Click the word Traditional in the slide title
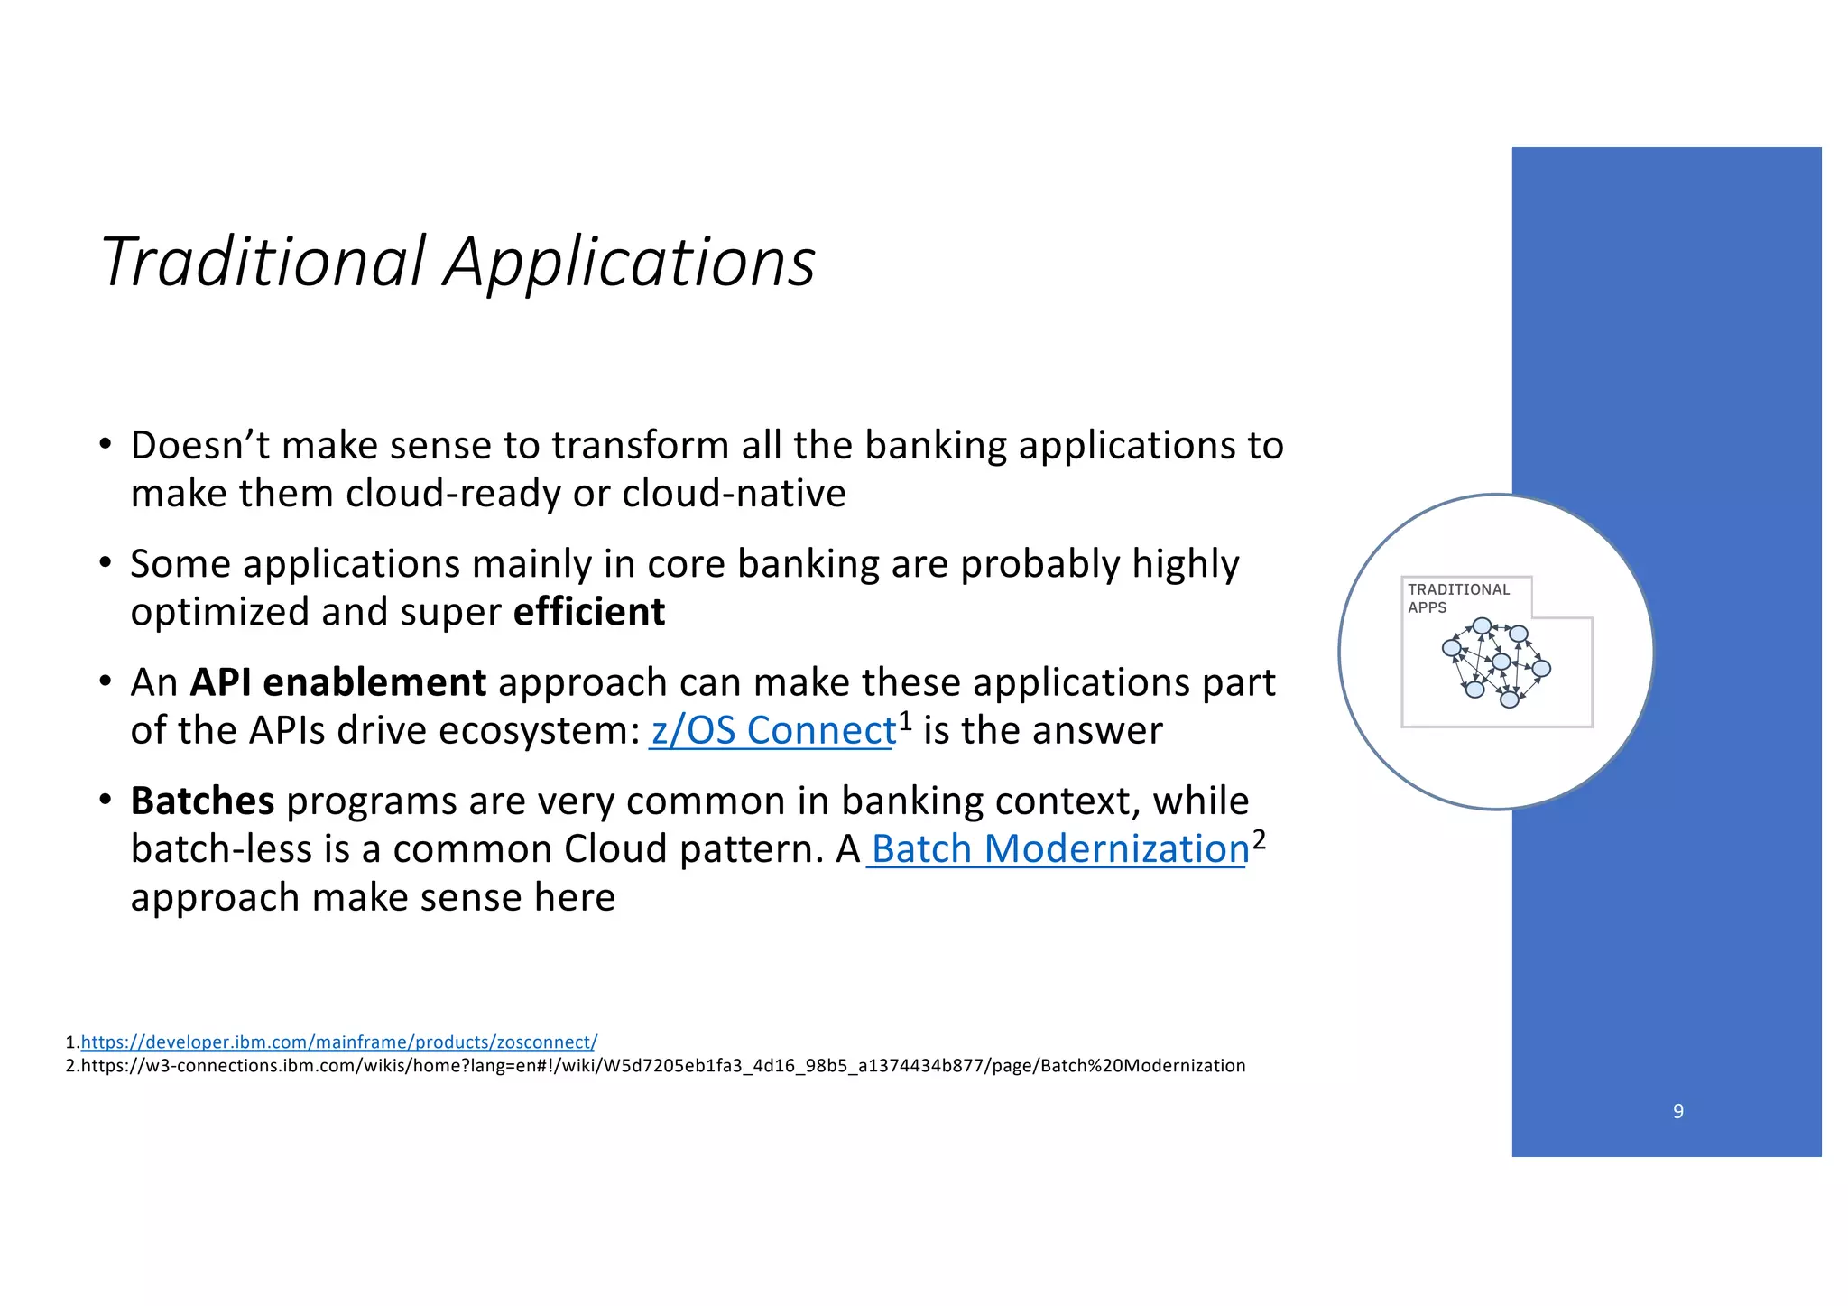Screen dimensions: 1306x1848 click(262, 262)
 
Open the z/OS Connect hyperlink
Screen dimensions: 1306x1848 click(772, 730)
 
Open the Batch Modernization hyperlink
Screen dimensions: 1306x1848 click(1059, 849)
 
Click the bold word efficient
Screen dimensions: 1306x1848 click(588, 612)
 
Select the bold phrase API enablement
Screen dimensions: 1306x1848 click(337, 682)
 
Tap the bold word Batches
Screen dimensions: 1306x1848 click(202, 801)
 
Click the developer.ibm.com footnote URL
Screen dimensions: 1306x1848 click(338, 1042)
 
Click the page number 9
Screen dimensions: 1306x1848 click(1677, 1111)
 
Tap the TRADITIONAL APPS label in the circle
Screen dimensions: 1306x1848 click(1457, 597)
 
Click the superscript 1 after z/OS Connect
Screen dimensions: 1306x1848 click(905, 721)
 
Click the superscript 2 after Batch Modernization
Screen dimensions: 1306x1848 click(1259, 840)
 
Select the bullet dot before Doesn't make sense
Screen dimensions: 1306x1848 click(106, 445)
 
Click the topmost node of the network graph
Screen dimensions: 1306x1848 click(1482, 625)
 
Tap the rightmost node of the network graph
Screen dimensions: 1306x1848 click(1541, 669)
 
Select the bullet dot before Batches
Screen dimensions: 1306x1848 click(106, 801)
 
